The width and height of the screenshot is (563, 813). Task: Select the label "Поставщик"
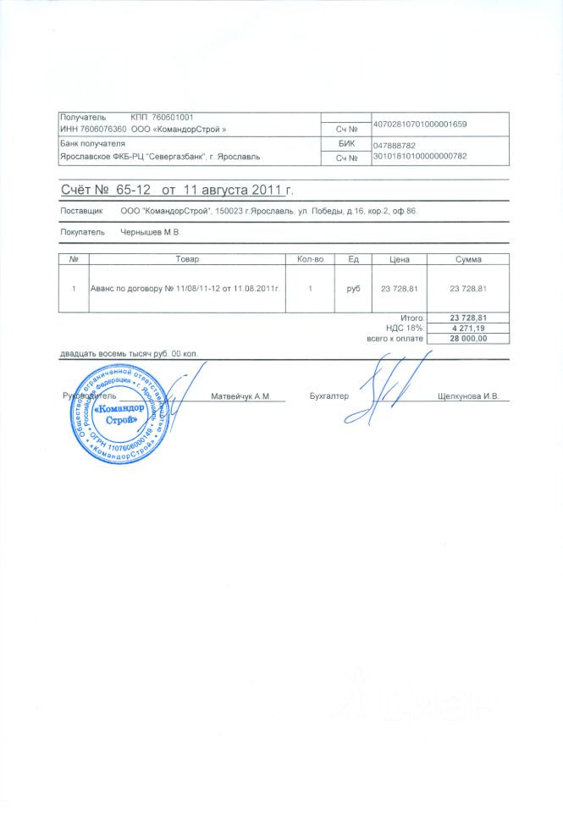coord(81,209)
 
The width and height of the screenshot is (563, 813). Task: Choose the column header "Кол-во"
coord(310,258)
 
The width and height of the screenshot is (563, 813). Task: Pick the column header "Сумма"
coord(468,258)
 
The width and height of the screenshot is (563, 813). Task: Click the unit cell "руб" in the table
coord(353,289)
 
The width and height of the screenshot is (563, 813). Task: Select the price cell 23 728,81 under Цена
coord(400,289)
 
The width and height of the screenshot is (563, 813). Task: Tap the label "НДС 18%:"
coord(405,328)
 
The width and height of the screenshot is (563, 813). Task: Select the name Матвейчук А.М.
coord(240,396)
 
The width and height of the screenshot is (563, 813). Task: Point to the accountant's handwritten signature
coord(396,381)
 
